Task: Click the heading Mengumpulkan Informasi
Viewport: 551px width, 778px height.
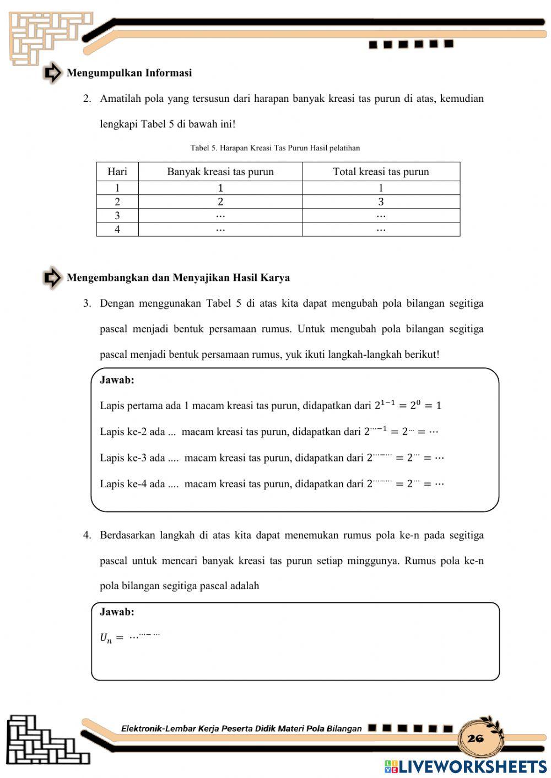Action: pos(129,73)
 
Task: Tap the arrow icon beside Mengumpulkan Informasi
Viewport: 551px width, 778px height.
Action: pos(52,73)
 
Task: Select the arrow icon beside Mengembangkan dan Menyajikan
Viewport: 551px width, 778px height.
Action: pos(52,278)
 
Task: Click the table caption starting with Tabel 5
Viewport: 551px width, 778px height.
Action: pos(275,148)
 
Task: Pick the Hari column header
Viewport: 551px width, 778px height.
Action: pos(117,172)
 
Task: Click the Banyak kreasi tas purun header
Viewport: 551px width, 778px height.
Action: pos(220,172)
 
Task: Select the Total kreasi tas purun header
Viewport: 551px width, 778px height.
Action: pos(381,172)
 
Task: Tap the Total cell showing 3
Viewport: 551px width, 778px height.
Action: pos(381,202)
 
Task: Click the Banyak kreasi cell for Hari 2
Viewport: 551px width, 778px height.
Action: pos(220,202)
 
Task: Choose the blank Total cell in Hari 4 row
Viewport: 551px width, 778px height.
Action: pos(381,229)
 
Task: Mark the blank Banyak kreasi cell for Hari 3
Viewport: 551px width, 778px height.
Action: pos(220,215)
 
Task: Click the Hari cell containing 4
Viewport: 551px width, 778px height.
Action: pos(117,229)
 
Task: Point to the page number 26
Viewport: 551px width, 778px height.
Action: pos(475,738)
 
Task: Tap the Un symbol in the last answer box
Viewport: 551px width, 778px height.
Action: pos(105,638)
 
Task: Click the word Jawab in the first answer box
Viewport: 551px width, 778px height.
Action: pos(117,380)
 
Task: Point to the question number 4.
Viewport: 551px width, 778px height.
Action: pos(87,535)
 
